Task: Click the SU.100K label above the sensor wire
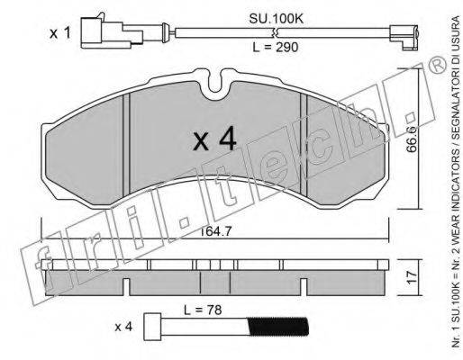point(277,19)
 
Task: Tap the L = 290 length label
point(276,47)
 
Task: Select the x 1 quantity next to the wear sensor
point(60,33)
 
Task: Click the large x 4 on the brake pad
point(214,139)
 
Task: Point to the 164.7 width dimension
point(215,231)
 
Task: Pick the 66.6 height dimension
point(412,139)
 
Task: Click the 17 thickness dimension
point(413,277)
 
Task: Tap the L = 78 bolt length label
point(203,310)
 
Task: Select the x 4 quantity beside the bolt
point(123,327)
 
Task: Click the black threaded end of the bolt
point(279,327)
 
